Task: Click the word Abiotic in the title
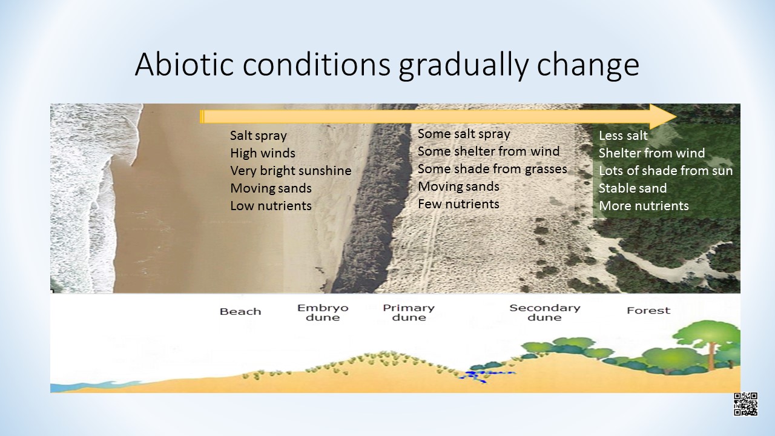184,64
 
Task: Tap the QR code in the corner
745,404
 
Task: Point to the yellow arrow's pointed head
676,117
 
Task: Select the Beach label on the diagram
240,311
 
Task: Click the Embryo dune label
323,312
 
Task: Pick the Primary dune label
409,312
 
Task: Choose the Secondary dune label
544,312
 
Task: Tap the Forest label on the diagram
648,311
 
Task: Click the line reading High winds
263,153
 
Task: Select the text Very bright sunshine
291,171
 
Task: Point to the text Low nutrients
271,206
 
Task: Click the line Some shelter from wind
489,151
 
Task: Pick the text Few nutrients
458,204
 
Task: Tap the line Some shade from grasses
492,169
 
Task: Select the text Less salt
623,136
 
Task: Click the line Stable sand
633,188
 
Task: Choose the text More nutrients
644,206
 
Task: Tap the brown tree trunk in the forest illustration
712,357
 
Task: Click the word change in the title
588,66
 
